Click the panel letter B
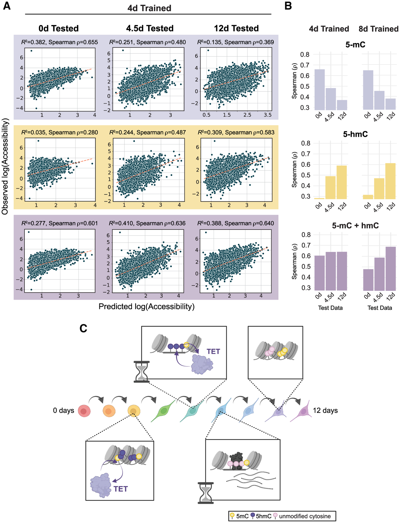[288, 6]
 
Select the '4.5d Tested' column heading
[150, 28]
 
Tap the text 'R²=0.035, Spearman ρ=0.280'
[60, 132]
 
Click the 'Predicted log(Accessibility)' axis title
[146, 307]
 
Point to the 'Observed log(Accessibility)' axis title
[5, 166]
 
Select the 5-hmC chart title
[355, 134]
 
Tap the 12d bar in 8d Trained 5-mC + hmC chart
[390, 268]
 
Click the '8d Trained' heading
[378, 29]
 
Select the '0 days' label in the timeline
[63, 411]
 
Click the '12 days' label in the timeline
[325, 411]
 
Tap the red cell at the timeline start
[84, 411]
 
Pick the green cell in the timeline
[163, 411]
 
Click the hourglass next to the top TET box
[141, 372]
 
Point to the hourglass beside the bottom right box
[206, 493]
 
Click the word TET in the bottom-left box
[121, 489]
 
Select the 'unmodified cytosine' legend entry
[304, 516]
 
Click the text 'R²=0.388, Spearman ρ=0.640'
[235, 223]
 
